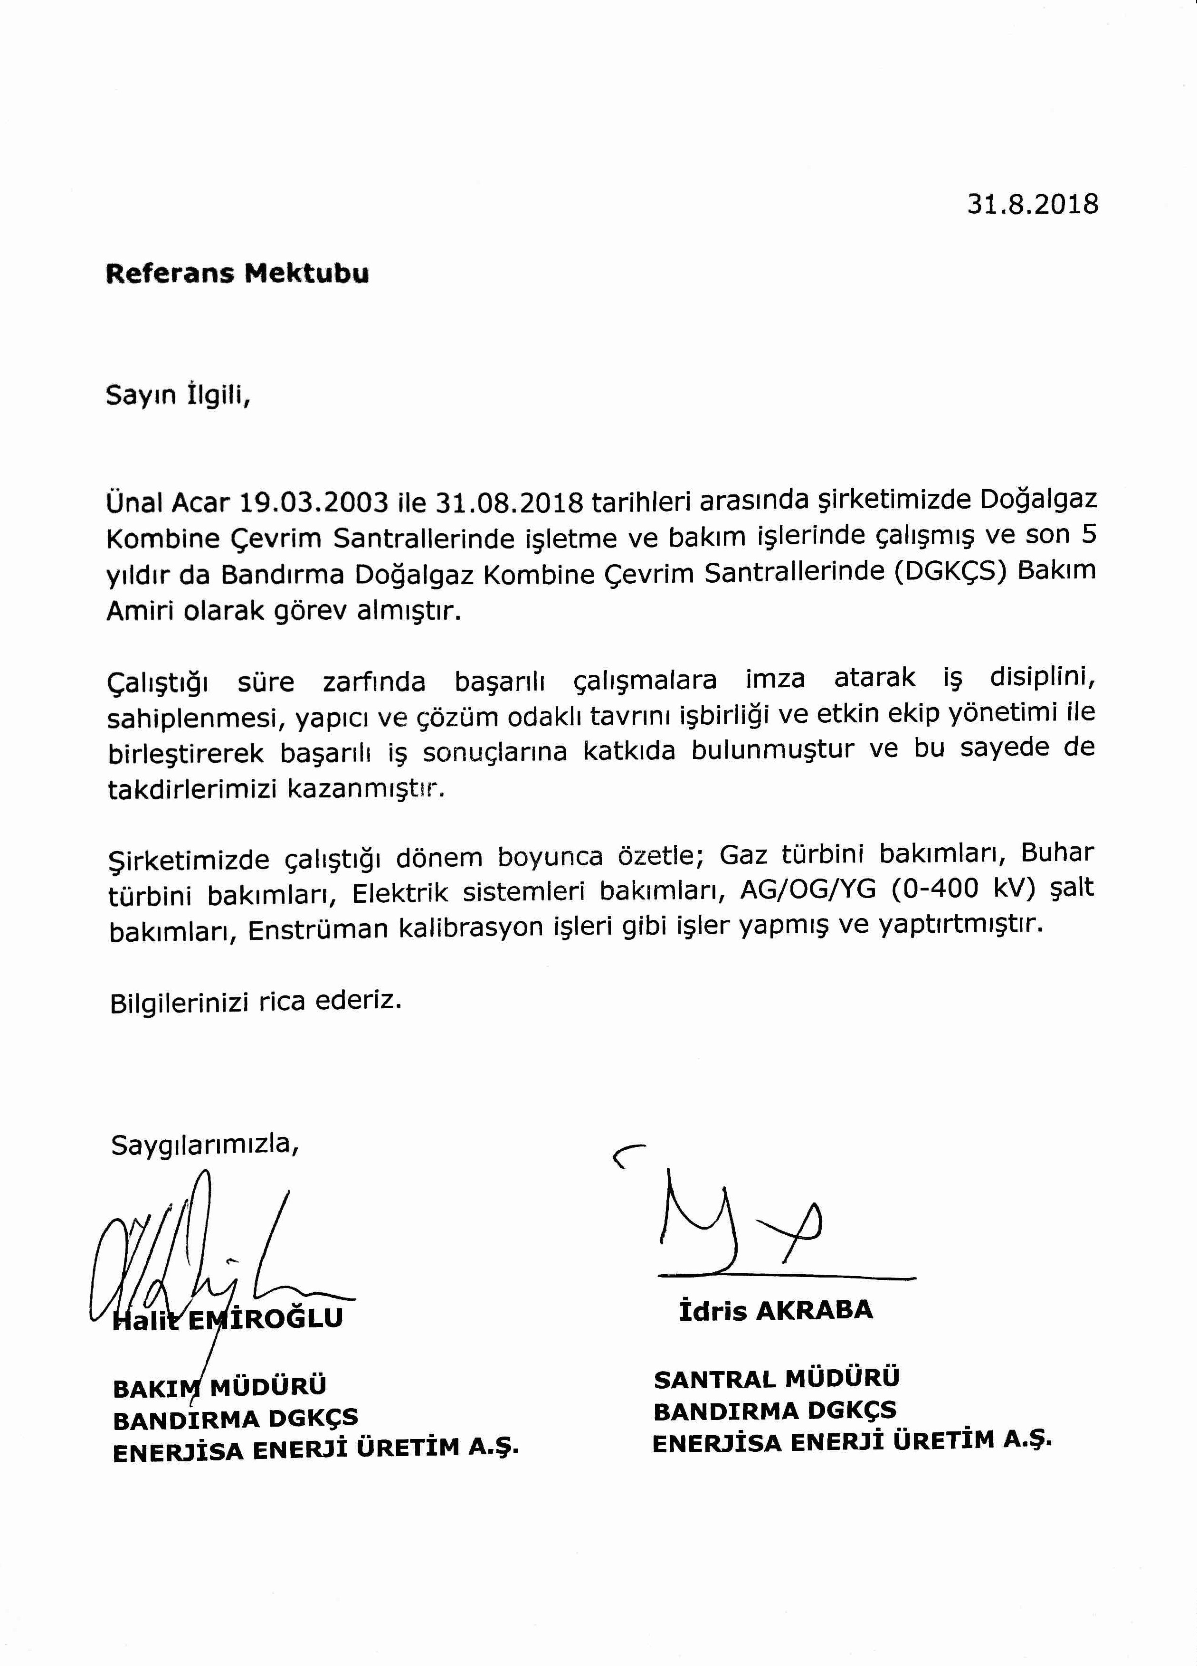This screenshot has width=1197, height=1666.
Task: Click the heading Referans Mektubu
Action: [237, 273]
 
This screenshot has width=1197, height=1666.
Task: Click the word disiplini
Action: [1042, 677]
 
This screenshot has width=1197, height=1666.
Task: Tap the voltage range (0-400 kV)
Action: [964, 890]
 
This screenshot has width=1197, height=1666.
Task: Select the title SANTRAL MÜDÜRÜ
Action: [776, 1379]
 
